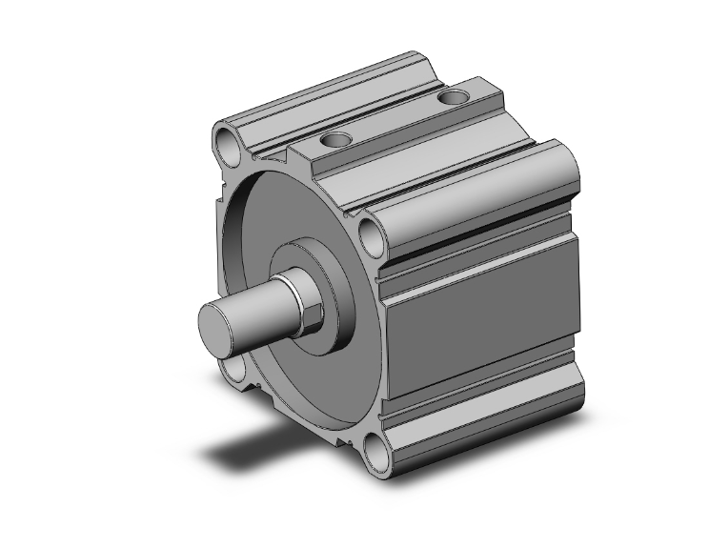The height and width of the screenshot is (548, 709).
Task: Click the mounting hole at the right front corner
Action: (372, 231)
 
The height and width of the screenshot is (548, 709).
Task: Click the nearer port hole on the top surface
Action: (335, 140)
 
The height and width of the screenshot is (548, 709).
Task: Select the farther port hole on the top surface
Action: (456, 95)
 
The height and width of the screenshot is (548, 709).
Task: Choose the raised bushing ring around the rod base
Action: (335, 286)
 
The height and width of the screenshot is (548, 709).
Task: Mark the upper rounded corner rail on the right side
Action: (476, 195)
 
